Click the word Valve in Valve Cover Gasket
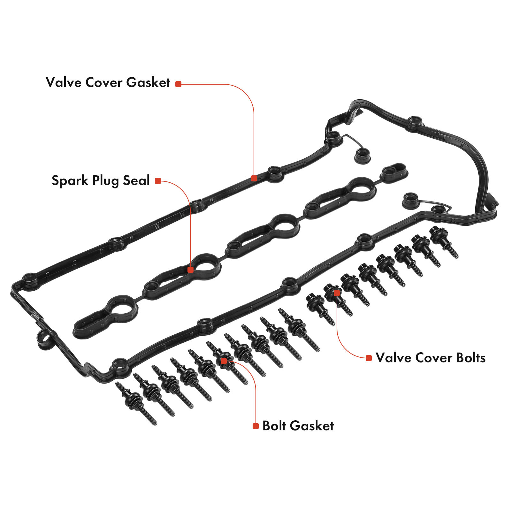tap(63, 82)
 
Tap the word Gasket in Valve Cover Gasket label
tap(148, 82)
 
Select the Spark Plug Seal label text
tap(100, 180)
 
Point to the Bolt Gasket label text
tap(298, 426)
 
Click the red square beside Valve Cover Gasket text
tap(178, 84)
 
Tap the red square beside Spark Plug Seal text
tap(157, 181)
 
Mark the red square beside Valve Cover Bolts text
tap(369, 358)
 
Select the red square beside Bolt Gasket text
tap(255, 426)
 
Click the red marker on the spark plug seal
tap(190, 270)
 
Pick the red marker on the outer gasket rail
tap(254, 178)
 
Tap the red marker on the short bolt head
tap(336, 293)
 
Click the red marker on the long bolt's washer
tap(224, 361)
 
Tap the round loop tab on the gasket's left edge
tap(44, 339)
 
